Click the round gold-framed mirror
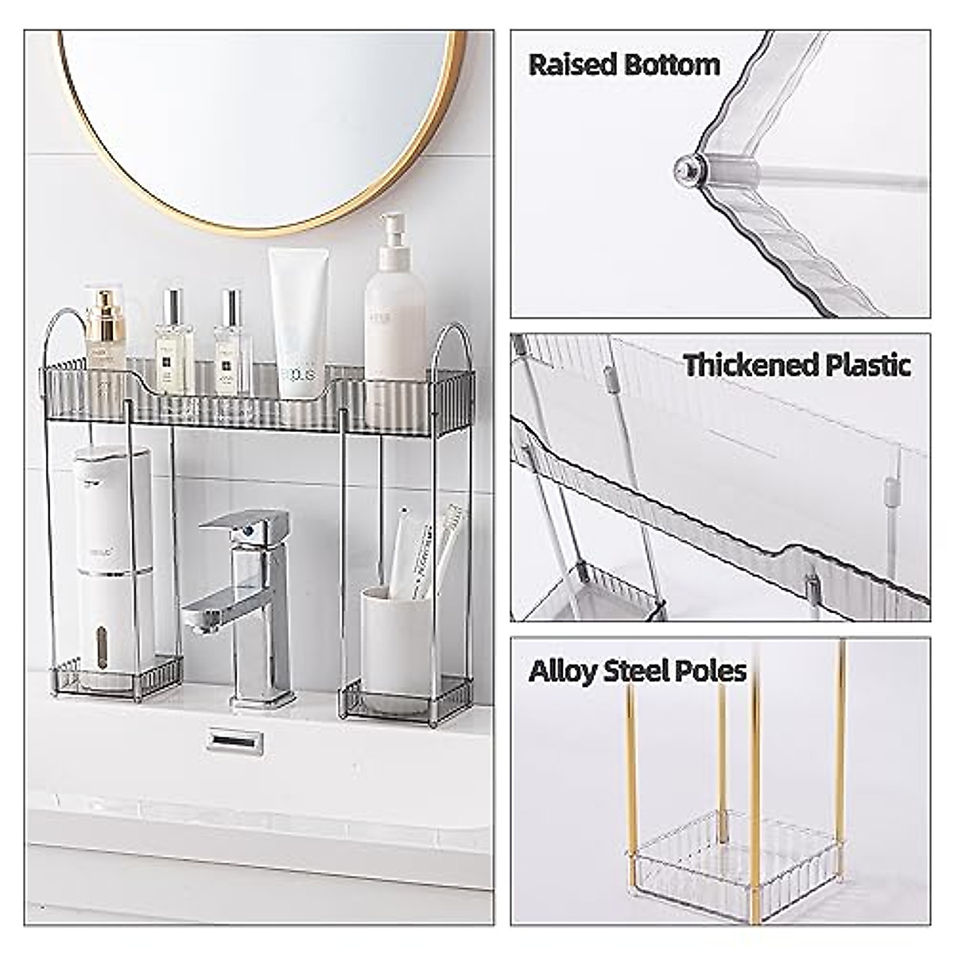point(262,119)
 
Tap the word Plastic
point(867,366)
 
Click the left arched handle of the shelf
point(64,334)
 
